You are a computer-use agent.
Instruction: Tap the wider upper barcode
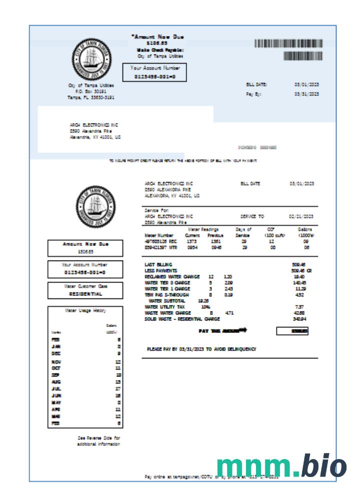pyautogui.click(x=288, y=43)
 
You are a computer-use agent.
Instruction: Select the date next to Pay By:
pyautogui.click(x=306, y=94)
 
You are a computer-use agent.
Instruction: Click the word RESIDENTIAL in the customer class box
pyautogui.click(x=86, y=294)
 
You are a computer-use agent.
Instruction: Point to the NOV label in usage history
pyautogui.click(x=56, y=360)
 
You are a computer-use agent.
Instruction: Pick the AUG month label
pyautogui.click(x=56, y=381)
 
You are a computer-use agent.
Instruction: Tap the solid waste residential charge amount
pyautogui.click(x=299, y=318)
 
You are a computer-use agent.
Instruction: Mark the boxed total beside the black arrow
pyautogui.click(x=292, y=331)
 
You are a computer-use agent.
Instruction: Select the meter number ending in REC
pyautogui.click(x=160, y=241)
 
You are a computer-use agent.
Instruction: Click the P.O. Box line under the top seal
pyautogui.click(x=90, y=91)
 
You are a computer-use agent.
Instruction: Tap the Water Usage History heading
pyautogui.click(x=85, y=310)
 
